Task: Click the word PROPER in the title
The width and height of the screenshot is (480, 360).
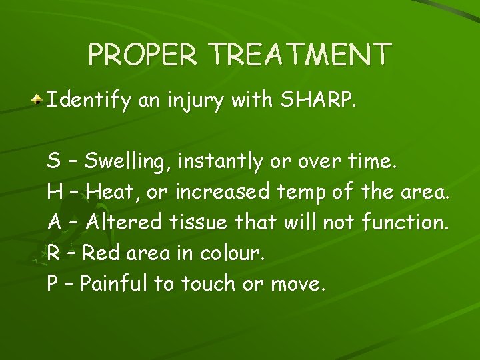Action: (x=143, y=55)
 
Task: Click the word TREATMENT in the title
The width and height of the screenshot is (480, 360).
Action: (x=297, y=55)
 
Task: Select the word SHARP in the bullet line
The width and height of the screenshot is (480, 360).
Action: (x=317, y=101)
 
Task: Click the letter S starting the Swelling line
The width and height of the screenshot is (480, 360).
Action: (x=53, y=161)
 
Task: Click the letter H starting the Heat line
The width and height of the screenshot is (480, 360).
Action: (x=54, y=192)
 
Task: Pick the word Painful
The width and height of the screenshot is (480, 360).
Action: (x=114, y=284)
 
